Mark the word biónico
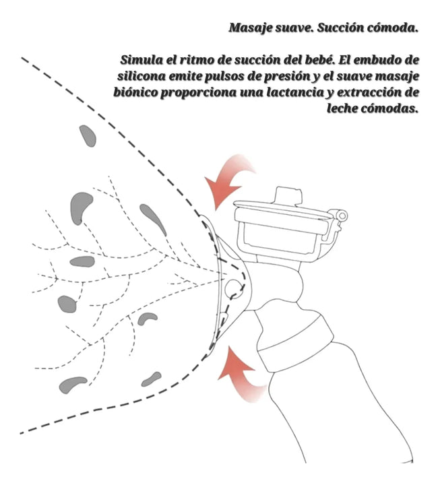click(137, 93)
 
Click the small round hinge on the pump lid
click(342, 216)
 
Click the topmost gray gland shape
click(88, 135)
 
